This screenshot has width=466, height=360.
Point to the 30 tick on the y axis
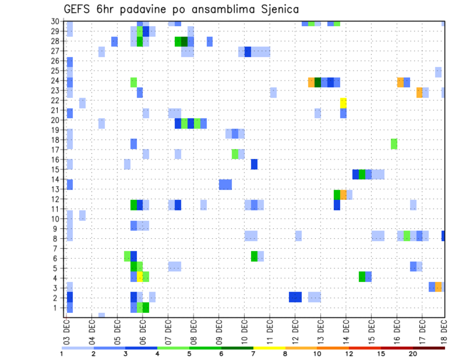[x=55, y=21]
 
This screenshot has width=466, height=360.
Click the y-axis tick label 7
[x=57, y=248]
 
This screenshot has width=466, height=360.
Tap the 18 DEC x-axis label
[x=444, y=330]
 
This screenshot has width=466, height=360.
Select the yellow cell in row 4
[x=140, y=277]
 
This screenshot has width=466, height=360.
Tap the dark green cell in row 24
[x=318, y=82]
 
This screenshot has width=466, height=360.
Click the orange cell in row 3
[x=438, y=287]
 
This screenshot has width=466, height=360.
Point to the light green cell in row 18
[x=394, y=144]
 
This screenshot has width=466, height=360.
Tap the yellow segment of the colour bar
[x=269, y=348]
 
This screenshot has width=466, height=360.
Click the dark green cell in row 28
[x=184, y=42]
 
